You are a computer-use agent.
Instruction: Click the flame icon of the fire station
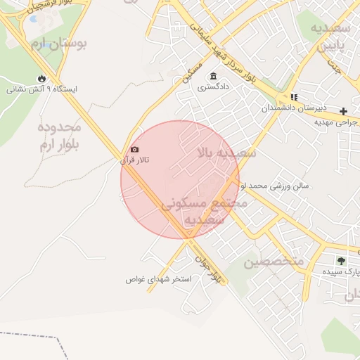[41, 78]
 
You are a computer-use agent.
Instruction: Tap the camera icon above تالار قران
[134, 149]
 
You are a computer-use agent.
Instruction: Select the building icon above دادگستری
[212, 77]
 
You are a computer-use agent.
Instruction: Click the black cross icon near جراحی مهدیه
[343, 111]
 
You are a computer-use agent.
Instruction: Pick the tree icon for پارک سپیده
[341, 261]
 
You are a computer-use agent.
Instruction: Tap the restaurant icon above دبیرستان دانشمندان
[293, 97]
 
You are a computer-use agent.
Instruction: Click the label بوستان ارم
[59, 44]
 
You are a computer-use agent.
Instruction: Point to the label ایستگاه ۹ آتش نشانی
[41, 90]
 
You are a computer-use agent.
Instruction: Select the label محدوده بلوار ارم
[59, 136]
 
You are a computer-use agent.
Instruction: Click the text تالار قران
[135, 160]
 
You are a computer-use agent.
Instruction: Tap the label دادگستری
[212, 88]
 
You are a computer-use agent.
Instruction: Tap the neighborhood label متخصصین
[274, 262]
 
